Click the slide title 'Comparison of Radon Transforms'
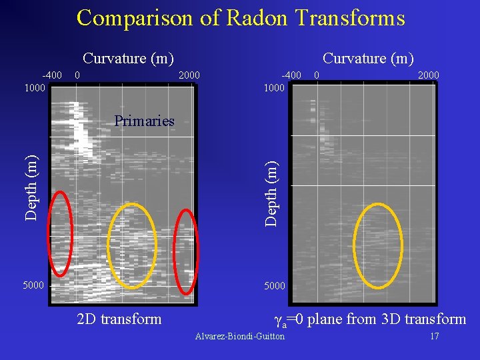(x=240, y=18)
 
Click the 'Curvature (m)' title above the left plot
(x=128, y=59)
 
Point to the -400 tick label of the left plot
(x=52, y=75)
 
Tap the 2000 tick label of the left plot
(x=189, y=75)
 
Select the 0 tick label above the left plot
(x=78, y=75)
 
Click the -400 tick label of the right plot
(x=291, y=75)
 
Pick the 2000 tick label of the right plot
(x=428, y=75)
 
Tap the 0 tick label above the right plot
(x=317, y=75)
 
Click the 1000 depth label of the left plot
(x=35, y=87)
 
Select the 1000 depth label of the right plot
(x=274, y=87)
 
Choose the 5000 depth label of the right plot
(x=274, y=285)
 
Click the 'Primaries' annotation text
(x=144, y=121)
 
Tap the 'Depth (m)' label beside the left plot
(x=31, y=187)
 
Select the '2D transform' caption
(x=119, y=319)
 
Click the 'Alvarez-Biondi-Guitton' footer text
(x=239, y=336)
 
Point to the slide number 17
(x=434, y=336)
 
